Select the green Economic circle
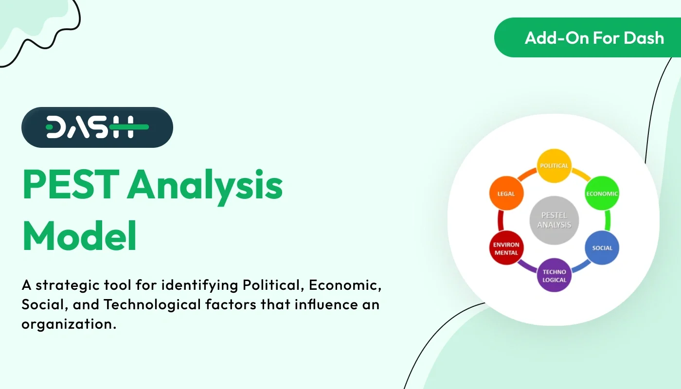601,193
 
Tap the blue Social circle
602,248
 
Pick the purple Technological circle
554,276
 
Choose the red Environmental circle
506,248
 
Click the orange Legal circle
506,194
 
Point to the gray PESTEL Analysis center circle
554,220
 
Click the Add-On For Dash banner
587,38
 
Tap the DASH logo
97,127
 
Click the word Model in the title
79,235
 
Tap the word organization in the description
69,324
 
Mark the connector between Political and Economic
580,176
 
